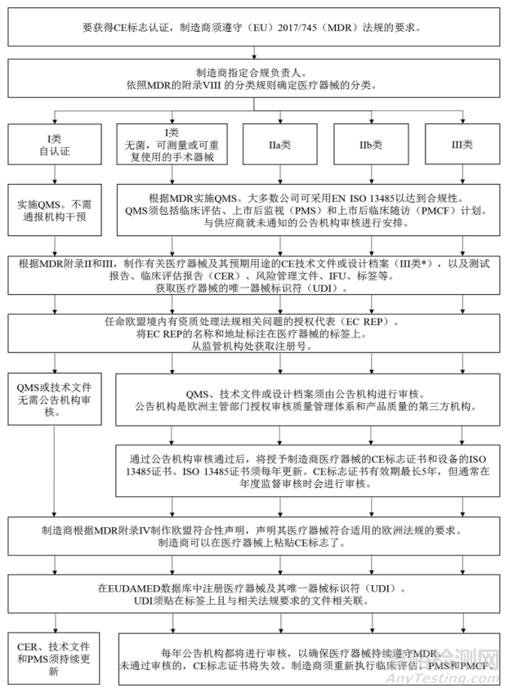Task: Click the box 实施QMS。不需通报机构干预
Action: coord(55,209)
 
